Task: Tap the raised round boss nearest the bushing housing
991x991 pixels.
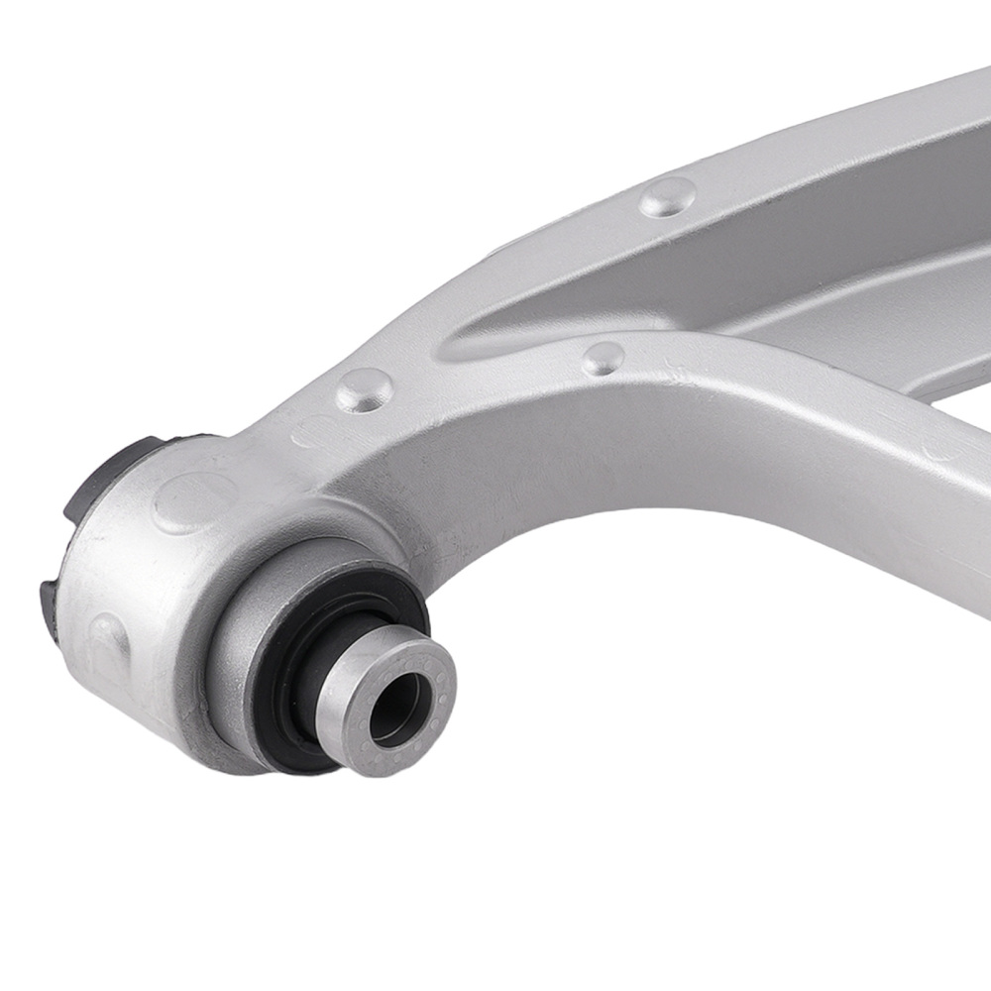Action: coord(363,389)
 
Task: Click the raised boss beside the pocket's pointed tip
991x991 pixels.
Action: coord(603,359)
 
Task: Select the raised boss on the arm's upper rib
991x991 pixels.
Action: coord(665,198)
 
